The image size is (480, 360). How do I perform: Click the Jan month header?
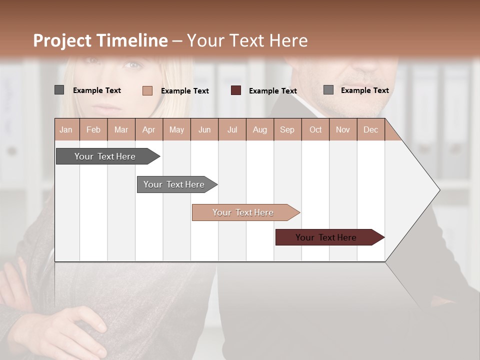point(66,129)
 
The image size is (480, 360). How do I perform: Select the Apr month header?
point(149,129)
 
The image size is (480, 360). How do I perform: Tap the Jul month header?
point(232,129)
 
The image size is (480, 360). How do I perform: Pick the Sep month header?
point(287,129)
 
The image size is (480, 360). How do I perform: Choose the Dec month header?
point(370,129)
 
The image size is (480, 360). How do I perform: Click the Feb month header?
point(93,129)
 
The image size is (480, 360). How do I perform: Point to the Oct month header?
point(315,129)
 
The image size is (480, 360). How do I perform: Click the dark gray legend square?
point(59,90)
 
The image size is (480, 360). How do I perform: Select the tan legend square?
point(147,90)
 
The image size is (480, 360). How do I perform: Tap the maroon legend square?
point(236,90)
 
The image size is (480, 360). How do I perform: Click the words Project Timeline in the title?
point(100,40)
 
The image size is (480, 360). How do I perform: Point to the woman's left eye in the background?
point(132,63)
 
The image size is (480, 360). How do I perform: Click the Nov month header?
point(343,129)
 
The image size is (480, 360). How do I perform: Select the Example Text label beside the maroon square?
point(272,90)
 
